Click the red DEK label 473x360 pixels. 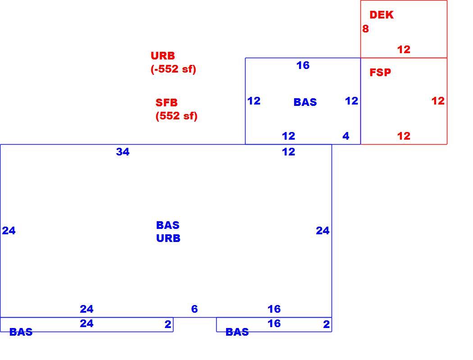(381, 15)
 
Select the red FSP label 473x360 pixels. (380, 73)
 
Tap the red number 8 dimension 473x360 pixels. (365, 29)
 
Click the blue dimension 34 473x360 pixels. (123, 151)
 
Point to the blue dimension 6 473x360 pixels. (195, 309)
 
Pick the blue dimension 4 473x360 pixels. (346, 136)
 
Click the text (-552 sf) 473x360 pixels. (173, 69)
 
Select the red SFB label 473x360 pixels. (167, 103)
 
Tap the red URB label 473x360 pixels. (163, 56)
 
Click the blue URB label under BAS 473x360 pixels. (168, 238)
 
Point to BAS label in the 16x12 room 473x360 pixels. (305, 102)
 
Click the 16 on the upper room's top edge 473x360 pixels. (303, 65)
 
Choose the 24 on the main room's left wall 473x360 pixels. (9, 231)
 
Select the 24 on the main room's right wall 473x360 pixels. (323, 231)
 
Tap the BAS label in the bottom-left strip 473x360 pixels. (21, 332)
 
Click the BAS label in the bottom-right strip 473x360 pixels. (237, 332)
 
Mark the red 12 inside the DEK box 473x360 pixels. (404, 49)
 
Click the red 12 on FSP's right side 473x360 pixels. (438, 100)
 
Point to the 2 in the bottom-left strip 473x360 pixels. (168, 324)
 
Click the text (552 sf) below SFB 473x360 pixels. (177, 116)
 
